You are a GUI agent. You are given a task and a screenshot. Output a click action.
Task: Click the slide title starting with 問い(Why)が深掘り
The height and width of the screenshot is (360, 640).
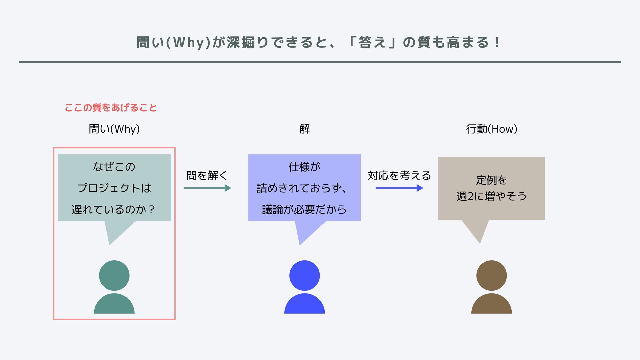click(x=318, y=43)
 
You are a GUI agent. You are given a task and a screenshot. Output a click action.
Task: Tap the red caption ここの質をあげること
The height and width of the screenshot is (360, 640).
click(x=111, y=108)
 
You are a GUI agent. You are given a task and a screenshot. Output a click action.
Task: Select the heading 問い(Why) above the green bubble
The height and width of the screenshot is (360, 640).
click(x=114, y=129)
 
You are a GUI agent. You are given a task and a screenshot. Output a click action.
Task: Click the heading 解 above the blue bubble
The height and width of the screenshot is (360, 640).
click(x=304, y=129)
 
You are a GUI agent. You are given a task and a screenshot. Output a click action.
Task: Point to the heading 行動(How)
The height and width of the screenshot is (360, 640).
click(x=491, y=129)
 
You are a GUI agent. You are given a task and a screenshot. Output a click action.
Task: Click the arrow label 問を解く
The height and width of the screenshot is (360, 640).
click(x=207, y=175)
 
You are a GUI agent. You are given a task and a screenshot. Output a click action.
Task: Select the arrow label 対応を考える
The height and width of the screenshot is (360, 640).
click(x=399, y=175)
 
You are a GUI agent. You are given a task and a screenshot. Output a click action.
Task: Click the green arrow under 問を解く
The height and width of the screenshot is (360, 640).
click(x=207, y=188)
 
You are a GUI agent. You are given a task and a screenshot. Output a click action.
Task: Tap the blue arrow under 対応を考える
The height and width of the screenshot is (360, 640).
click(x=399, y=188)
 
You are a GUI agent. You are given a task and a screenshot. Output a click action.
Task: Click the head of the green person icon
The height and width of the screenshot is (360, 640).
click(x=114, y=275)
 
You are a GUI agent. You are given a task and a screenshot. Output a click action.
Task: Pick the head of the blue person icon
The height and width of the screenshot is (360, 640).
click(x=304, y=275)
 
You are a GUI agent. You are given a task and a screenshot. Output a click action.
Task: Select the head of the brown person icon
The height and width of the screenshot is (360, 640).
click(x=491, y=275)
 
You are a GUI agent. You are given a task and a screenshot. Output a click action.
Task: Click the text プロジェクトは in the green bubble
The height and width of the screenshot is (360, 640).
click(x=114, y=188)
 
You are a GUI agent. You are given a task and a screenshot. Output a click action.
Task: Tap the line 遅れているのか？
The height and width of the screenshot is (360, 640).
click(x=113, y=209)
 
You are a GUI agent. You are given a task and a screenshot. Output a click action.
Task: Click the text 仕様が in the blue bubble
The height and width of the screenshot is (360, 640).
click(x=304, y=167)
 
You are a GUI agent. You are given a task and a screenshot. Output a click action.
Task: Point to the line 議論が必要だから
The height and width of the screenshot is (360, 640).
click(x=304, y=209)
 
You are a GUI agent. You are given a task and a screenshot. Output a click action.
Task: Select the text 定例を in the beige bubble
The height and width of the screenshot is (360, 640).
click(x=491, y=180)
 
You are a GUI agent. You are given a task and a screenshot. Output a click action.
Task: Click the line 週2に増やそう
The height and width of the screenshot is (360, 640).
click(x=491, y=196)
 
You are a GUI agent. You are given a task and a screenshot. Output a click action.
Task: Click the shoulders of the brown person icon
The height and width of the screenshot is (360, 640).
click(x=491, y=305)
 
